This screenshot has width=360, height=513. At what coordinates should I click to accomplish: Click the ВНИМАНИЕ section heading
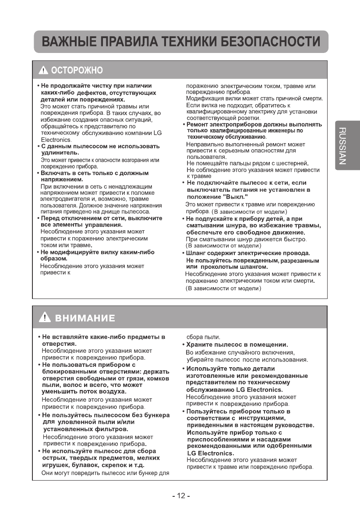pos(85,318)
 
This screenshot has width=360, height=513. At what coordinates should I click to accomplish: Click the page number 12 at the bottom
pos(180,495)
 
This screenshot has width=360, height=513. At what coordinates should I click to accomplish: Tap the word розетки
pos(247,118)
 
